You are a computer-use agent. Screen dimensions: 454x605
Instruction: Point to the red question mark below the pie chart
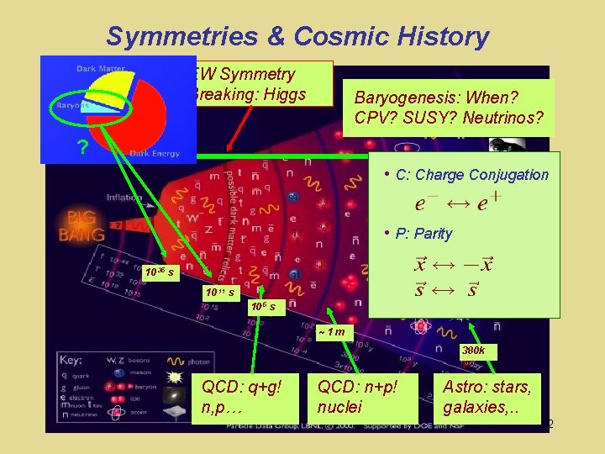tap(82, 149)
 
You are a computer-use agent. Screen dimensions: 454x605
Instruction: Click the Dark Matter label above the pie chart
tap(101, 68)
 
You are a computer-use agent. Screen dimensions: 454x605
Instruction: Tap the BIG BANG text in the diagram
tap(82, 223)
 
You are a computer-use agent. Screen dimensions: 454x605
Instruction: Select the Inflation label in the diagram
tap(124, 198)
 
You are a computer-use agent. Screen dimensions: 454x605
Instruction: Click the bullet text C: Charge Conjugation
tap(471, 175)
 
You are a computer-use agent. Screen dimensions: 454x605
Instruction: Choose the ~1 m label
tap(333, 332)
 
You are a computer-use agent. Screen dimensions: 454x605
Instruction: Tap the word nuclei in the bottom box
tap(339, 407)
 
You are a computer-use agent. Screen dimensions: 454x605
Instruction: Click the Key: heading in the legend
tap(71, 360)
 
